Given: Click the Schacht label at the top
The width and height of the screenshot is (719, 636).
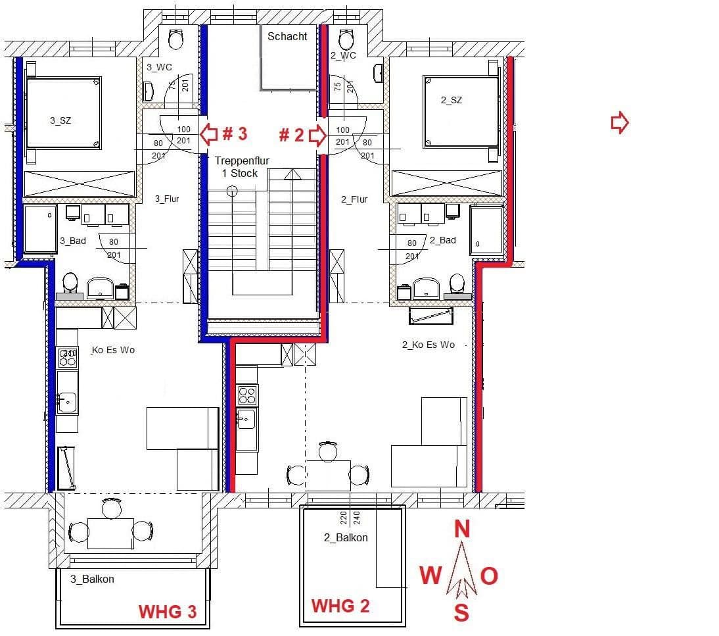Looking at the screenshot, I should coord(287,37).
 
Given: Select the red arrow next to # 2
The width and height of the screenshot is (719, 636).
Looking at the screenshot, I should coord(317,135).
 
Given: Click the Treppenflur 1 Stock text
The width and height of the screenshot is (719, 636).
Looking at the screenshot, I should coord(242,166).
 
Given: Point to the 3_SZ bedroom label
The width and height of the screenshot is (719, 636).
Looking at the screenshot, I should coord(60,120).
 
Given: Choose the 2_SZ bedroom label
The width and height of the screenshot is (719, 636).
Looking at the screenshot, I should coord(451,100).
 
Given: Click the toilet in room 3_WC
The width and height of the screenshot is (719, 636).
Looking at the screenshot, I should coord(175,39).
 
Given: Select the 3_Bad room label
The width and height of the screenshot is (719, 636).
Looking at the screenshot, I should coord(73,241).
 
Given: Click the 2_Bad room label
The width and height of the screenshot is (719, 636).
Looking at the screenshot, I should coord(442,240).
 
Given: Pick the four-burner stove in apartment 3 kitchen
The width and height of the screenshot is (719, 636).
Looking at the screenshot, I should coord(68,357).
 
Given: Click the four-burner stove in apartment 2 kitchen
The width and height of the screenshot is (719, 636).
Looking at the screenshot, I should coord(247,395).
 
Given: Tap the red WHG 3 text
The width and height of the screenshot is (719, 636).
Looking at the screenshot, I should coord(168,612).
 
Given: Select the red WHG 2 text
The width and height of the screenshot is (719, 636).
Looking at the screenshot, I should coord(340,605).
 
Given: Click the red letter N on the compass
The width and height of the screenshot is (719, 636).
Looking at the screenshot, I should coord(463,529).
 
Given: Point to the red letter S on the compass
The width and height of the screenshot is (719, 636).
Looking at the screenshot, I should coord(462,614).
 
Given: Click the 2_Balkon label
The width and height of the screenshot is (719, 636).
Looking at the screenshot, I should coord(346,537).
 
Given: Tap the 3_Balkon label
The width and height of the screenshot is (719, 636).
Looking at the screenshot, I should coord(92,579).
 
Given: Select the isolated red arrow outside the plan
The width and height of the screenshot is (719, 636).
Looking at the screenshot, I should coord(620,122).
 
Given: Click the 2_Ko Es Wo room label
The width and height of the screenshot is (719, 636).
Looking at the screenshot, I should coord(428,345).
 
